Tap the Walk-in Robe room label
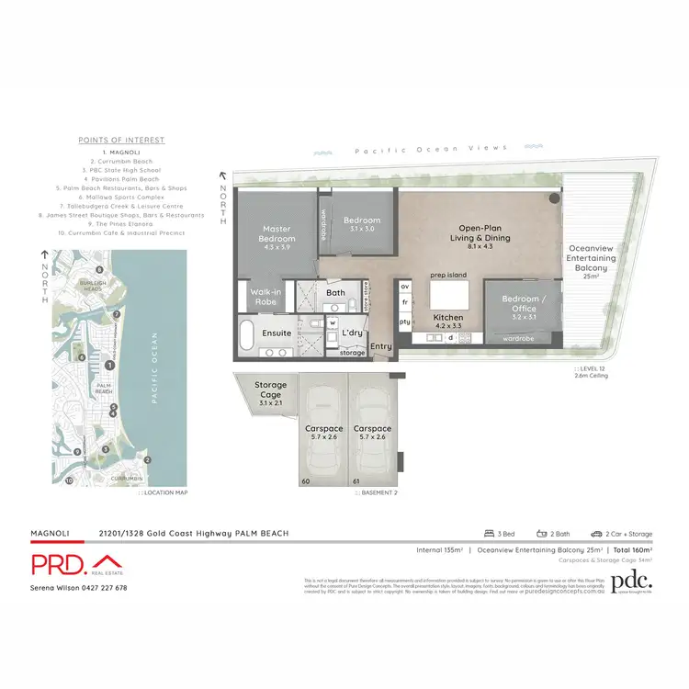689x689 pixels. tap(265, 296)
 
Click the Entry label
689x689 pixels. tap(380, 346)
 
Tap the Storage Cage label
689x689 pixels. tap(271, 390)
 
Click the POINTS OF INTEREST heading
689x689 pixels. tap(120, 140)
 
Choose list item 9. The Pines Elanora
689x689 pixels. tap(120, 223)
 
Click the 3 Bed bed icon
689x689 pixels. tap(489, 533)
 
